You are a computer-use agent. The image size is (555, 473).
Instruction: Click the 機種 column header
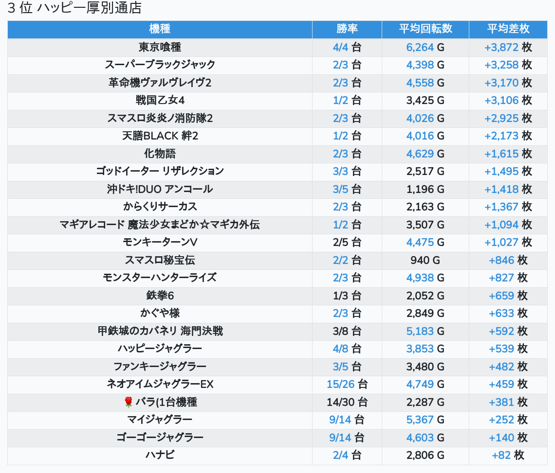pyautogui.click(x=160, y=29)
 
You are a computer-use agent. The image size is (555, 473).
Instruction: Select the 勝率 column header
pyautogui.click(x=347, y=29)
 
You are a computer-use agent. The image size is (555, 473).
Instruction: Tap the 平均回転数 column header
pyautogui.click(x=425, y=29)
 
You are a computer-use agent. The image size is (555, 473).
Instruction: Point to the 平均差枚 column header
pyautogui.click(x=508, y=29)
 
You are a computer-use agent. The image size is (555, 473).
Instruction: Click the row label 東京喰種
pyautogui.click(x=160, y=47)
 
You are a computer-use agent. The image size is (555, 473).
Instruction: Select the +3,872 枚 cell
pyautogui.click(x=508, y=47)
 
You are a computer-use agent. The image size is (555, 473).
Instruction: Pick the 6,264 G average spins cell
pyautogui.click(x=425, y=47)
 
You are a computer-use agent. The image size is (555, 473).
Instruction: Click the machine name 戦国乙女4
pyautogui.click(x=160, y=101)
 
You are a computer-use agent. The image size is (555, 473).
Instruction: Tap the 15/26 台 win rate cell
pyautogui.click(x=347, y=385)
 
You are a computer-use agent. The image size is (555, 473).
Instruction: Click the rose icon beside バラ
pyautogui.click(x=129, y=402)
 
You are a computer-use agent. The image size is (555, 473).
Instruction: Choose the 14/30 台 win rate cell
pyautogui.click(x=347, y=402)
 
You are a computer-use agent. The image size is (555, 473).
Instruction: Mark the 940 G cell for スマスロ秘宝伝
pyautogui.click(x=425, y=260)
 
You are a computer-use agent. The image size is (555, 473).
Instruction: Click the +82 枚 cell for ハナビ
pyautogui.click(x=508, y=455)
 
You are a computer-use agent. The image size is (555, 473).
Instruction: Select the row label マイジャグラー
pyautogui.click(x=160, y=420)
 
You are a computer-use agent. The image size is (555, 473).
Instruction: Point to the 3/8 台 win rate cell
pyautogui.click(x=347, y=331)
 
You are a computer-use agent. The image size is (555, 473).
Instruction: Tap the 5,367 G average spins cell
pyautogui.click(x=425, y=420)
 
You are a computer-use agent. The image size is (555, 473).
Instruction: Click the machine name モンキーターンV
pyautogui.click(x=160, y=242)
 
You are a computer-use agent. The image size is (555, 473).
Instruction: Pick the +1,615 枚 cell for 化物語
pyautogui.click(x=508, y=154)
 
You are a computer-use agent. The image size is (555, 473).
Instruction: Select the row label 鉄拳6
pyautogui.click(x=160, y=296)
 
